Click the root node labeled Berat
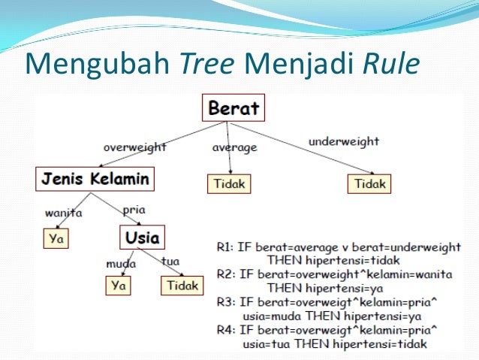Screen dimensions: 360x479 coord(233,108)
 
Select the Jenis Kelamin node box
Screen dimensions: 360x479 coord(94,179)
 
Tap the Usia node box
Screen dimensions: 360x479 coord(142,237)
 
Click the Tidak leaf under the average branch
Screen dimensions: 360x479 coord(230,183)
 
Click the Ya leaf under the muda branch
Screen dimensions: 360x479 coord(117,286)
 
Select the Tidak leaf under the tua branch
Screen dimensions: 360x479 coord(182,286)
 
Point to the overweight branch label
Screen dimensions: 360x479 coord(136,147)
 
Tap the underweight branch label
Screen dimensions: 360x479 coord(343,141)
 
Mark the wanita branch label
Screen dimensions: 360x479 coord(63,213)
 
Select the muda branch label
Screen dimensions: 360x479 coord(120,264)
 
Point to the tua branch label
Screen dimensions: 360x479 coord(170,262)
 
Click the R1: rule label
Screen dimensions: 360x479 coord(227,247)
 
